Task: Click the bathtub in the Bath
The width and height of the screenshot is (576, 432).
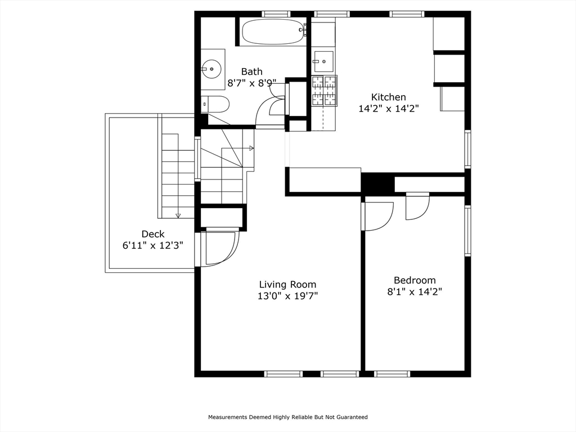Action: point(274,31)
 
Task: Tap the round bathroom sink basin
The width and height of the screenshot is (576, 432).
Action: point(211,69)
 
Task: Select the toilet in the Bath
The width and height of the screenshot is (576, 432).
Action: point(215,104)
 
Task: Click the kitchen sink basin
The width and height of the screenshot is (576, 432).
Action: point(323,62)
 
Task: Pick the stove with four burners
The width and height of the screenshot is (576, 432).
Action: point(325,91)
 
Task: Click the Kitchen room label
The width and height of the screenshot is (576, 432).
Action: point(388,97)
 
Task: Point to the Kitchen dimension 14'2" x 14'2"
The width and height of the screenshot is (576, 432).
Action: point(389,109)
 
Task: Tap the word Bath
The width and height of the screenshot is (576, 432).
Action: point(251,71)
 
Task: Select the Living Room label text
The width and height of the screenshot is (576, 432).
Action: point(287,284)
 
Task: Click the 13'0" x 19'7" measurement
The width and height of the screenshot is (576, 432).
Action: point(287,296)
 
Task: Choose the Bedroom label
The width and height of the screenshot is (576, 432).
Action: point(415,280)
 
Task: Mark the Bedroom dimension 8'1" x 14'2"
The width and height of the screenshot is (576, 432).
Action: point(415,292)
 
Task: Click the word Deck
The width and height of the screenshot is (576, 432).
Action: point(153,234)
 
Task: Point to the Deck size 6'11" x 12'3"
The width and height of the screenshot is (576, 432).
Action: point(153,245)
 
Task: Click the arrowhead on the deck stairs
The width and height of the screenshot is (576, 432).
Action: point(178,215)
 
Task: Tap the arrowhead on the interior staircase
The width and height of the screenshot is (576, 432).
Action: point(251,148)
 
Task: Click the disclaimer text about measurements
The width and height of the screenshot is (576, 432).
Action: point(288,417)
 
